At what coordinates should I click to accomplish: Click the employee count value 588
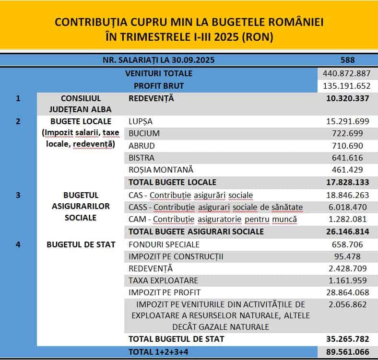click(x=347, y=60)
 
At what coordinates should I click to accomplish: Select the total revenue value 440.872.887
click(x=347, y=73)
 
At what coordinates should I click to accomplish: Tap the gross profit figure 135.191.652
click(x=347, y=86)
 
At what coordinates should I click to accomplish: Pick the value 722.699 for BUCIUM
click(x=347, y=133)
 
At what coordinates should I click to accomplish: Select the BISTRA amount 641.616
click(x=347, y=158)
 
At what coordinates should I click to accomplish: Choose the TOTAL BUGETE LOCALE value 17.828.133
click(x=347, y=182)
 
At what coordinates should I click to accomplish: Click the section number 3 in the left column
click(x=18, y=195)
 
